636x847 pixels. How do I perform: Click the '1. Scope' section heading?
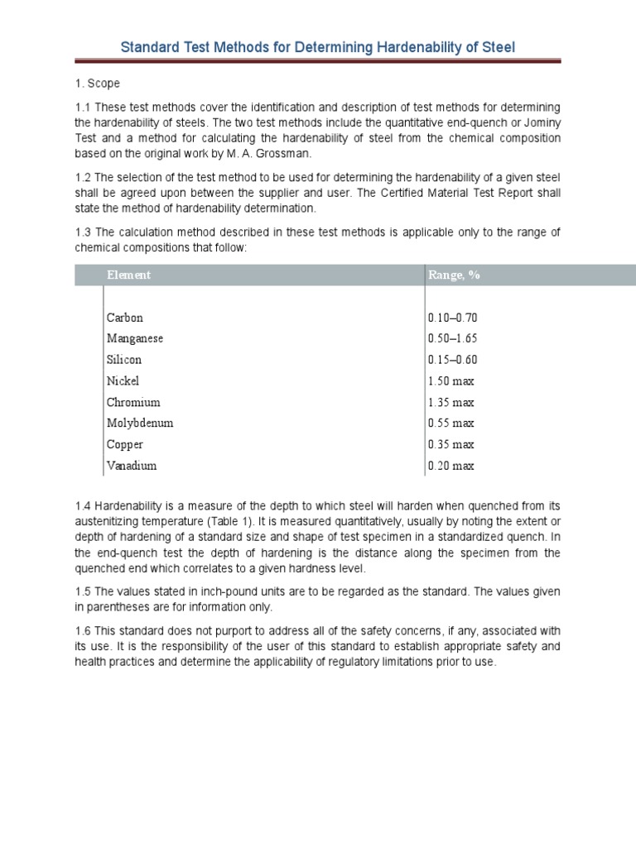pyautogui.click(x=97, y=84)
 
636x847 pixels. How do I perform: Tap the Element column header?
pyautogui.click(x=128, y=275)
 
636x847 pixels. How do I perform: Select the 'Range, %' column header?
pyautogui.click(x=454, y=275)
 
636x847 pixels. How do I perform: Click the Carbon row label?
pyautogui.click(x=125, y=318)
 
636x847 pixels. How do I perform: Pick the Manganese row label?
pyautogui.click(x=135, y=338)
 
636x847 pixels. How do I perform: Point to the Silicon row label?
pyautogui.click(x=124, y=360)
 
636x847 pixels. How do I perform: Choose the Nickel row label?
pyautogui.click(x=123, y=381)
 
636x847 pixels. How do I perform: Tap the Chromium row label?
pyautogui.click(x=133, y=403)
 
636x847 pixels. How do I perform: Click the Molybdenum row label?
pyautogui.click(x=140, y=423)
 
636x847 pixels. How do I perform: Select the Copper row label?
pyautogui.click(x=125, y=445)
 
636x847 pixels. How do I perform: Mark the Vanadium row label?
pyautogui.click(x=132, y=467)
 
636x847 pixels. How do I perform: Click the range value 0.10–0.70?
pyautogui.click(x=453, y=318)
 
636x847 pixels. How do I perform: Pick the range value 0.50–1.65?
pyautogui.click(x=453, y=338)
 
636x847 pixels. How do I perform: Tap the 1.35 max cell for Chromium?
pyautogui.click(x=451, y=403)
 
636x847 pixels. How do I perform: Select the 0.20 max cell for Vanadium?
pyautogui.click(x=451, y=467)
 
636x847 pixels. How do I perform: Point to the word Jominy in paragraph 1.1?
pyautogui.click(x=541, y=123)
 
